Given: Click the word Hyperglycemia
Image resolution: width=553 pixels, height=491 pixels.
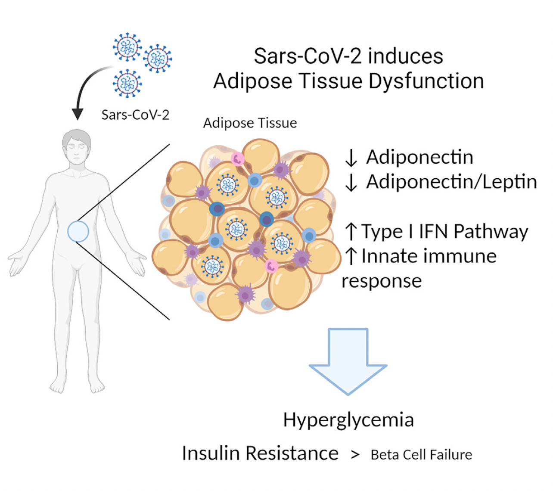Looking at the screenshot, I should coord(348,420).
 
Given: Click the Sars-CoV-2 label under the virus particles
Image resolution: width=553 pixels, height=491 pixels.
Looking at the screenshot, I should coord(135,115).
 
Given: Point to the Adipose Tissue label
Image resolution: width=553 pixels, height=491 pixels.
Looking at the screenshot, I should coord(250,123).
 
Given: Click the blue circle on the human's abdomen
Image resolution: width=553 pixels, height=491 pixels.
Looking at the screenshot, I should coord(78,231).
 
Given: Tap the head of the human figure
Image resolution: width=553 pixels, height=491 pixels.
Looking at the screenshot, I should coord(77,146).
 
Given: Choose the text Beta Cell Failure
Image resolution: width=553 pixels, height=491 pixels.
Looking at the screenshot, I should coord(421,455).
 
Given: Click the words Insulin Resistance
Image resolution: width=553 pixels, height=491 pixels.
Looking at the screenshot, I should coord(260,453).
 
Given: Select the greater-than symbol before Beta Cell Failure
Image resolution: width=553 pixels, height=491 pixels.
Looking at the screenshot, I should coord(355,455).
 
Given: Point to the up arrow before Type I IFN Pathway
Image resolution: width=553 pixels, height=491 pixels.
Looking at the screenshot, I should coord(351,231).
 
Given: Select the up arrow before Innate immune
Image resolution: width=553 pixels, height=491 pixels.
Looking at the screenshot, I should coord(351,256).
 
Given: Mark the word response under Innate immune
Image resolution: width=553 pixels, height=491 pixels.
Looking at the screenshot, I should coord(382,281).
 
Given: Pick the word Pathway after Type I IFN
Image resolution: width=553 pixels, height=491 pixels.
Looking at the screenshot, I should coord(491,231).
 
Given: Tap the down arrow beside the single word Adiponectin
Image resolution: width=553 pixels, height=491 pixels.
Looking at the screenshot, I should coord(351,158).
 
